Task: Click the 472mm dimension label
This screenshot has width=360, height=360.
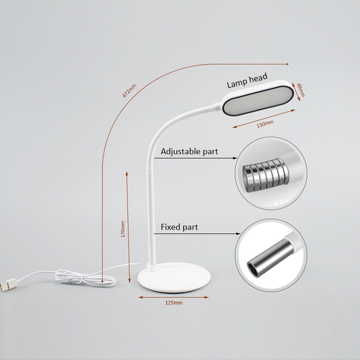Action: click(129, 91)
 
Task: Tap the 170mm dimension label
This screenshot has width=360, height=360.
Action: click(123, 229)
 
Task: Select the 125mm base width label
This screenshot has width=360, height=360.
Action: click(174, 303)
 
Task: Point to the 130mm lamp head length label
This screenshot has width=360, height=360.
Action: click(265, 124)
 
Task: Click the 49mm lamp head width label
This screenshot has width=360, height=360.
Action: click(301, 90)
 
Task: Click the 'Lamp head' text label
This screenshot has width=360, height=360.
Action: click(247, 81)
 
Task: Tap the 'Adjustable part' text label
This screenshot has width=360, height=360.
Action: click(189, 152)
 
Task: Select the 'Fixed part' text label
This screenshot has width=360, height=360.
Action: click(179, 227)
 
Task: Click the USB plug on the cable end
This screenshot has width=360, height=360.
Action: click(8, 285)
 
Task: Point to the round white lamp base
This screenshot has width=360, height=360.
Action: click(174, 278)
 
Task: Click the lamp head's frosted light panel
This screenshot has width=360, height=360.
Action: click(258, 101)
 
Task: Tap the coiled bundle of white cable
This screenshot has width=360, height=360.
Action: click(85, 278)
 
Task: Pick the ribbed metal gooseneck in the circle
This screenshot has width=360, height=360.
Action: click(266, 175)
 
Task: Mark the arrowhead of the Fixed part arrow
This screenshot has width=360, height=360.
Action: click(238, 234)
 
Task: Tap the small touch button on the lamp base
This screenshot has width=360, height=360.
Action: click(174, 271)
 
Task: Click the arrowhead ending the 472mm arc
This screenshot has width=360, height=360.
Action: click(287, 64)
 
